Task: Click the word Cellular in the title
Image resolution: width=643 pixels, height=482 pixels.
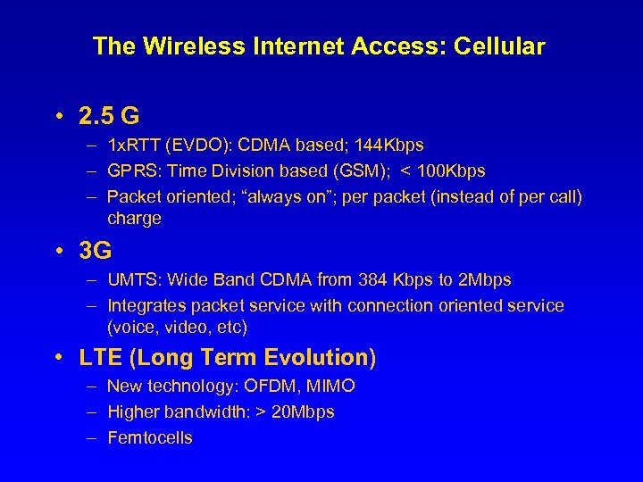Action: coord(499,47)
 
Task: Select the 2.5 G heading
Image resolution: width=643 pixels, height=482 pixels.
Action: coord(109,116)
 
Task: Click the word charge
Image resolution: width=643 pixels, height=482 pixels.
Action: coord(134,219)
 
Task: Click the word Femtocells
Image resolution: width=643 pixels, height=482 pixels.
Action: coord(149,437)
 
